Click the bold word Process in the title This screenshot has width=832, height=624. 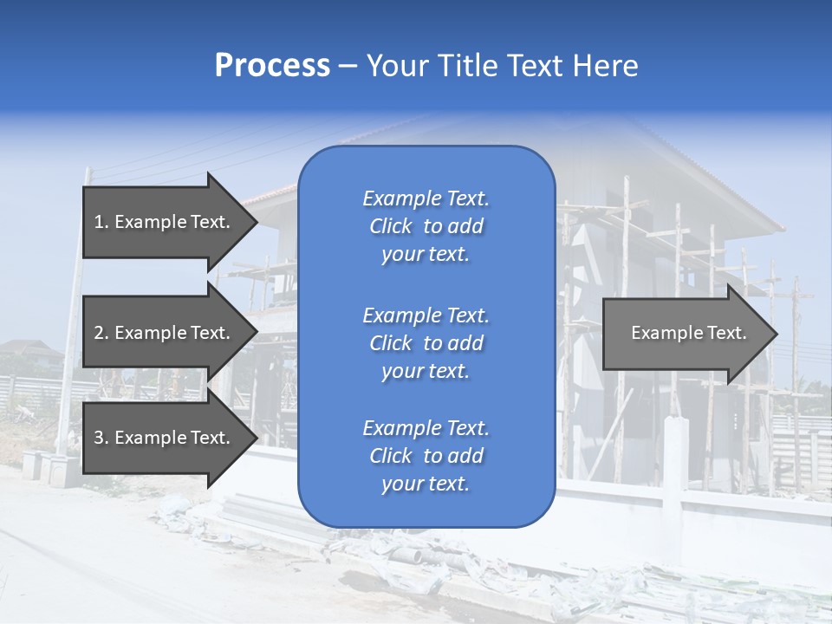[272, 66]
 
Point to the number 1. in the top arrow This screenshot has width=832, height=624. [101, 222]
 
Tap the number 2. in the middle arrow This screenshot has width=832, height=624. [101, 333]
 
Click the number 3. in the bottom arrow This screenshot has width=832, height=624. [101, 438]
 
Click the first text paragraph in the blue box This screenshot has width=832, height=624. [426, 226]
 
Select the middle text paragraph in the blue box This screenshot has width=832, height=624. [426, 343]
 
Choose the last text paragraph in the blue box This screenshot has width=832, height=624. [426, 456]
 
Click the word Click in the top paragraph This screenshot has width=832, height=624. [390, 226]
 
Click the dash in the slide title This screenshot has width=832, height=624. [348, 67]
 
